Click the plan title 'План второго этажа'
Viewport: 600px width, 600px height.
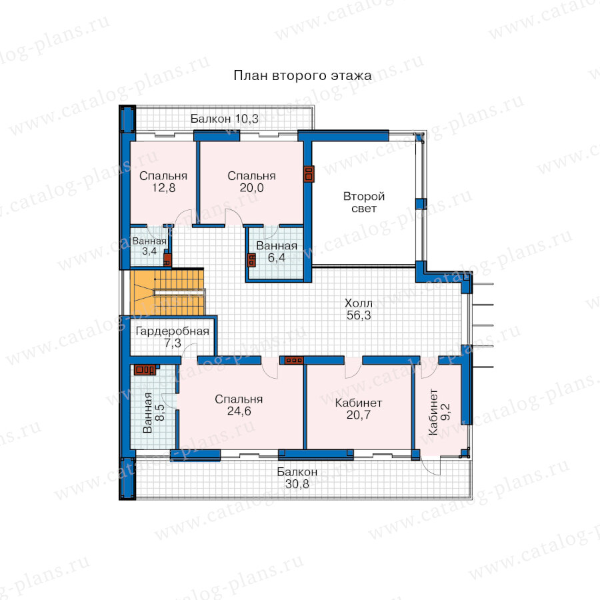pos(302,76)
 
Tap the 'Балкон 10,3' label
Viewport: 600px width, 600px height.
pos(225,119)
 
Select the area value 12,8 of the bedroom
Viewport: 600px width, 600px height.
pos(163,188)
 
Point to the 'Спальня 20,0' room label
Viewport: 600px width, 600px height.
pos(251,181)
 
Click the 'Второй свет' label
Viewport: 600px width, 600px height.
pos(364,202)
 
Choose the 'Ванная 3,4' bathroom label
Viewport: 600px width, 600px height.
pos(149,246)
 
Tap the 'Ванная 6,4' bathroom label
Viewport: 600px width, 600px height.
pos(277,251)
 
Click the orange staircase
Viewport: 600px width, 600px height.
pos(167,293)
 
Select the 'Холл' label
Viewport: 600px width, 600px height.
pos(359,303)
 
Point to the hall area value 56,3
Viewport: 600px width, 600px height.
pos(359,315)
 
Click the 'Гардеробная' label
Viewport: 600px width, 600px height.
pos(173,331)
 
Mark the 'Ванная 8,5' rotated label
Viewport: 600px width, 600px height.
pos(153,413)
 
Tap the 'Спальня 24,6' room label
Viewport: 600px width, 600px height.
pos(239,405)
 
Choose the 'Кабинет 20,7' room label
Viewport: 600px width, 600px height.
pos(359,409)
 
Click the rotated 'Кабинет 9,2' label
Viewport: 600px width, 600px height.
pos(439,412)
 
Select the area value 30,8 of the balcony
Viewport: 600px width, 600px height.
pos(297,484)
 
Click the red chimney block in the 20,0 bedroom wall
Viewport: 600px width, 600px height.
pos(309,174)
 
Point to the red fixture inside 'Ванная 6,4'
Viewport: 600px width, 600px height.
pos(251,261)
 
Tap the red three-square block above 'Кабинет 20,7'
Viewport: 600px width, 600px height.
pos(294,360)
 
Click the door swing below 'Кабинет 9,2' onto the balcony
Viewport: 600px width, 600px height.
pos(431,467)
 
